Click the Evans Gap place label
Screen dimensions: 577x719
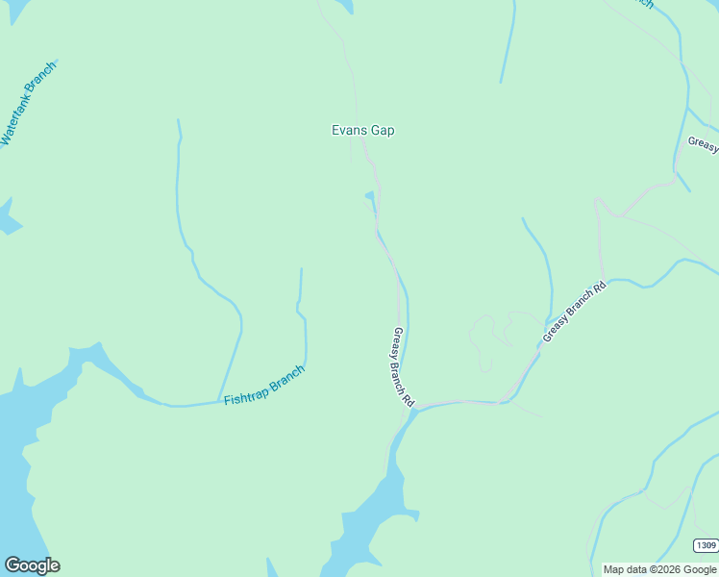[x=362, y=131]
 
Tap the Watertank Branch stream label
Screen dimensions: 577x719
[x=28, y=104]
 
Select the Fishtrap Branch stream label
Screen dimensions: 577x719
[x=264, y=386]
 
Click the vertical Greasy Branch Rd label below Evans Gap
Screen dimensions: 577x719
[x=403, y=366]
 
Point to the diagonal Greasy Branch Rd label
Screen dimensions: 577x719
[x=575, y=312]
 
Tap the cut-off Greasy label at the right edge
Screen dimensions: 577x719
[x=703, y=144]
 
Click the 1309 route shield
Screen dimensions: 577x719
[x=706, y=545]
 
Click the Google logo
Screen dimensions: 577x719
[x=32, y=565]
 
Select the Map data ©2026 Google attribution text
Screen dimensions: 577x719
[x=659, y=569]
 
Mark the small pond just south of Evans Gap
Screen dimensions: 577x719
[x=369, y=197]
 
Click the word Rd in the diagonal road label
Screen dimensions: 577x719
[x=600, y=288]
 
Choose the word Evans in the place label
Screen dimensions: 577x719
[x=348, y=131]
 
